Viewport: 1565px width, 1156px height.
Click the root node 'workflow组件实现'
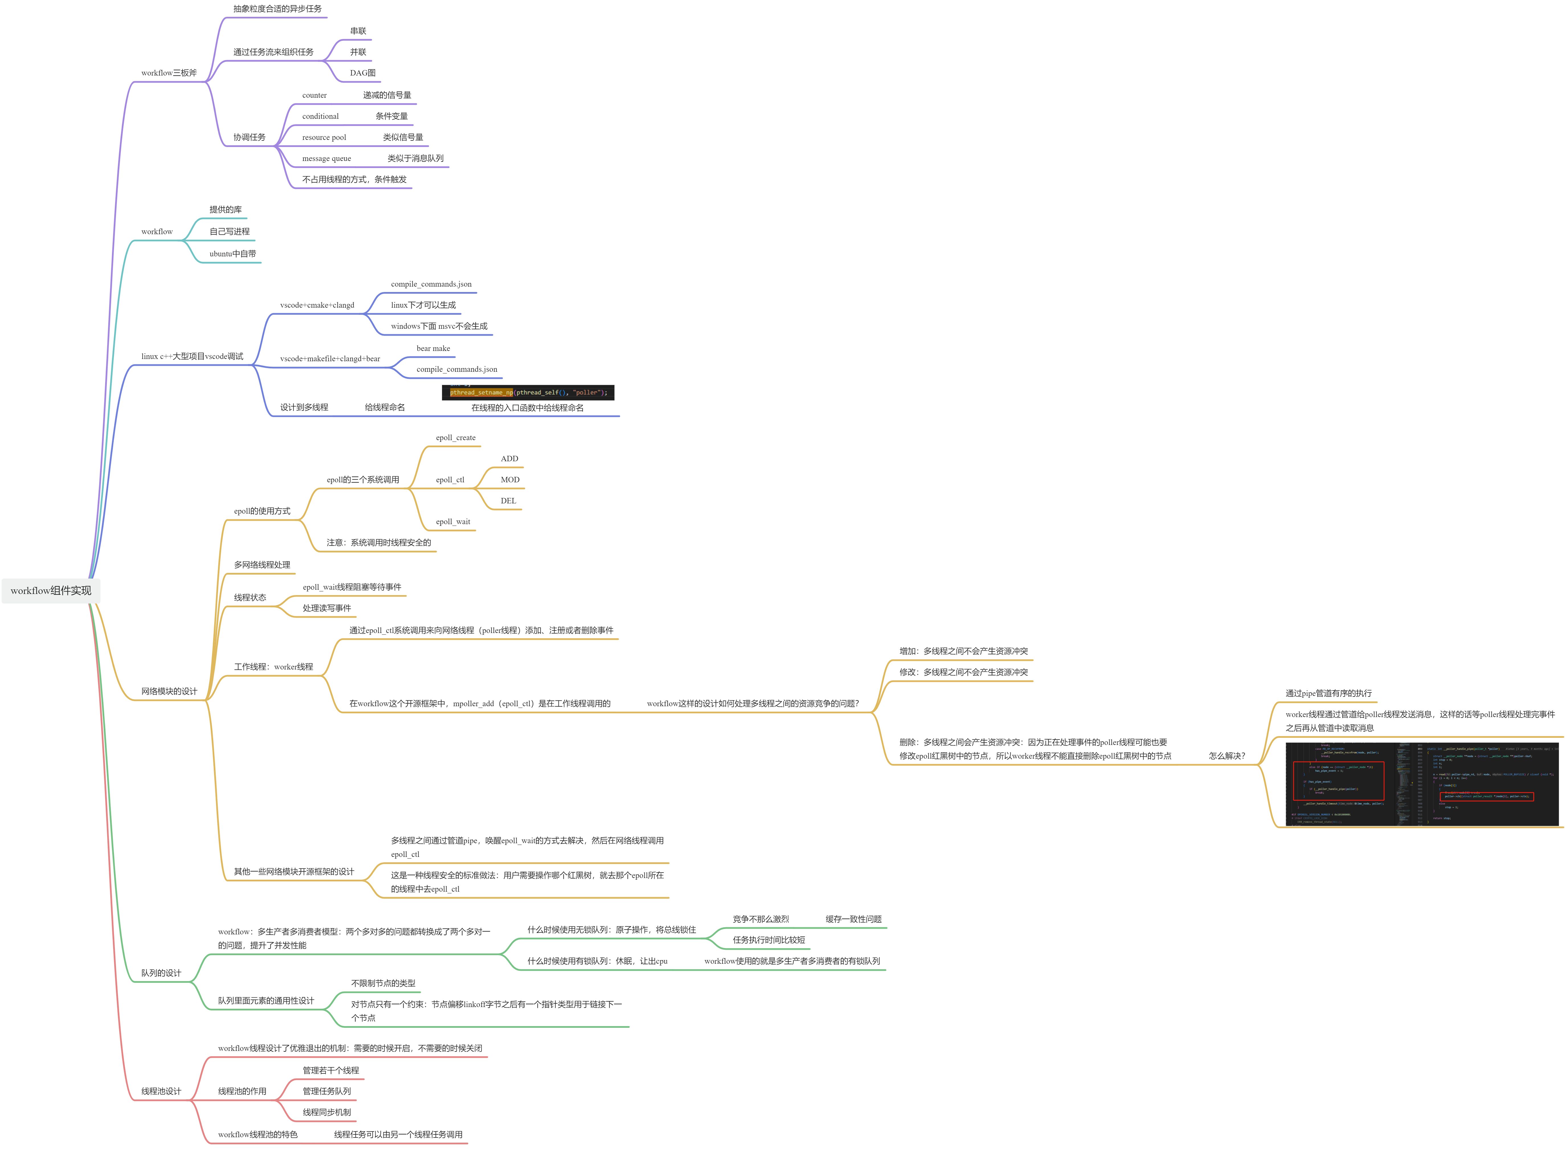[51, 591]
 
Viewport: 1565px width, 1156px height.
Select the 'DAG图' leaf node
[362, 73]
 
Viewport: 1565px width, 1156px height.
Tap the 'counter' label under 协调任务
[314, 95]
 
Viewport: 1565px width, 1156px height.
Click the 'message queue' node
[326, 159]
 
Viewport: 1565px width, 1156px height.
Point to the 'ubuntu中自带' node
[232, 254]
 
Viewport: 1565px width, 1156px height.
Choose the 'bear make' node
[433, 348]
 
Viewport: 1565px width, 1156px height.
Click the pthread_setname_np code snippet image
[528, 393]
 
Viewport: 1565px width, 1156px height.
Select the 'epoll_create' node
[456, 438]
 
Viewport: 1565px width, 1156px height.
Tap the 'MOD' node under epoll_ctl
[510, 480]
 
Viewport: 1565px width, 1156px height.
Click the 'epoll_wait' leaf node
[453, 522]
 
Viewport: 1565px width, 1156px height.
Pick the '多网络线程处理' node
[262, 565]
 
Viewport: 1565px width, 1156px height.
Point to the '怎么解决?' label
[1227, 756]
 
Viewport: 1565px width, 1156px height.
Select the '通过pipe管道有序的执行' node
[1328, 693]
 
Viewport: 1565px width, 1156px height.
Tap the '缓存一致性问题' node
[853, 920]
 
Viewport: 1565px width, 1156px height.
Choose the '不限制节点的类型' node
[383, 983]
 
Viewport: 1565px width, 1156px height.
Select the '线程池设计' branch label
[161, 1092]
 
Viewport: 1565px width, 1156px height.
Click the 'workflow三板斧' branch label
[169, 73]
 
